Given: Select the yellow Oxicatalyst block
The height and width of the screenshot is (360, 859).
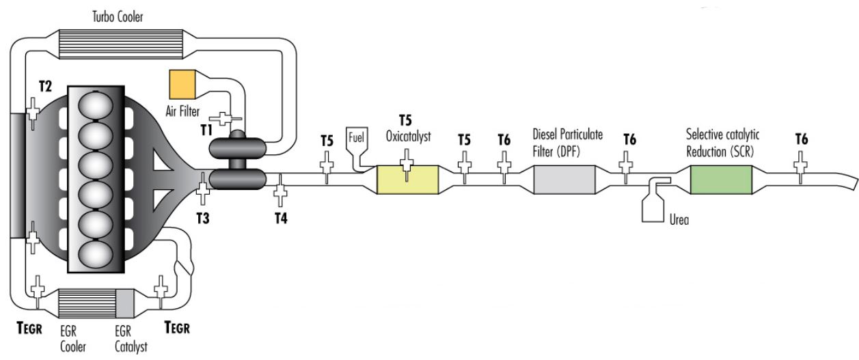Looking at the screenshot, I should point(408,180).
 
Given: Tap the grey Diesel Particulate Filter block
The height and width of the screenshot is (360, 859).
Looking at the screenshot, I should point(564,180).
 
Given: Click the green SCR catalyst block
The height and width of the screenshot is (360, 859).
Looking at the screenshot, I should point(721,180).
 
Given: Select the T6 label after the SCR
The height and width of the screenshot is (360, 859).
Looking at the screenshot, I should point(801,139).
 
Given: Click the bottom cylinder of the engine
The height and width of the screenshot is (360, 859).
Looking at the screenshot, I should point(96,253).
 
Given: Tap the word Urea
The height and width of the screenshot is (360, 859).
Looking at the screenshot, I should point(678,220).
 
